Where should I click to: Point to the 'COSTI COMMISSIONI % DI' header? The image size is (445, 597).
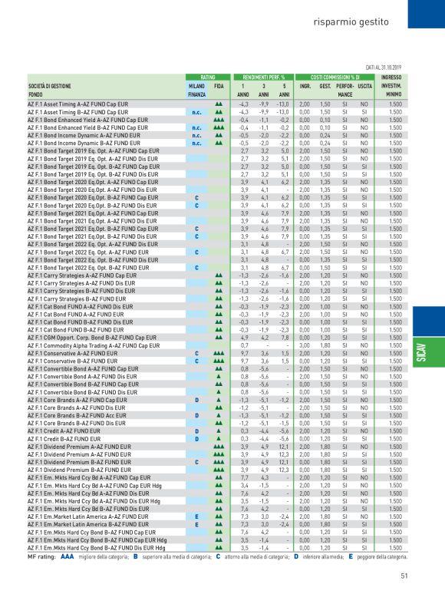point(330,78)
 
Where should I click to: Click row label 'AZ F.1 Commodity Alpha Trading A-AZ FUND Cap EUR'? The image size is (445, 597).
point(94,347)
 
